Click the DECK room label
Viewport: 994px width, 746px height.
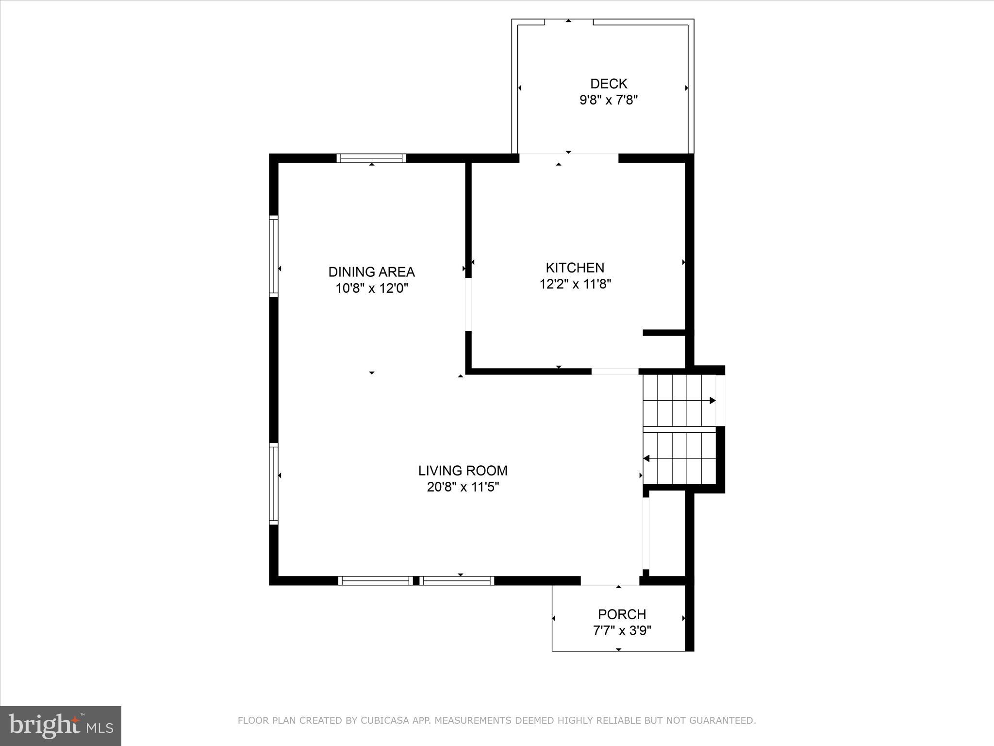pos(609,84)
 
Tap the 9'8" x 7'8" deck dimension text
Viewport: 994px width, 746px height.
pos(609,100)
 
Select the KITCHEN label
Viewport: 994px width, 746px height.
pos(575,268)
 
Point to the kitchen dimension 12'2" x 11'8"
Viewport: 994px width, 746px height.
pos(575,284)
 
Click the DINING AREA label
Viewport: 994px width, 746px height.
pos(371,271)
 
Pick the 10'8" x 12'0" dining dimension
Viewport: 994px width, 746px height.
pos(372,288)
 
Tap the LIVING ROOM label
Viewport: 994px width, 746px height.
pos(463,470)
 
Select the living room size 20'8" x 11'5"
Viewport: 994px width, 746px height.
pos(463,487)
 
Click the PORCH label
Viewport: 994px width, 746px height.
pos(622,614)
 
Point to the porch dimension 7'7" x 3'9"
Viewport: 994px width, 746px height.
pos(622,630)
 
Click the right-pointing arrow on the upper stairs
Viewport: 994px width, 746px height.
pos(712,401)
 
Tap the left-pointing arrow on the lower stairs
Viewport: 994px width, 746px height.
pos(646,458)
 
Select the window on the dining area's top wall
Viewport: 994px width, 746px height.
pos(371,158)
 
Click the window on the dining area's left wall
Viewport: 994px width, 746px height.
pos(274,256)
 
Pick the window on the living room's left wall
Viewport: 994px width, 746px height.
pos(274,483)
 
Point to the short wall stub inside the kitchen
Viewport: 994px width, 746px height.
pos(663,333)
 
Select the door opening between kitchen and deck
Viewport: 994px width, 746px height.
pos(568,158)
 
